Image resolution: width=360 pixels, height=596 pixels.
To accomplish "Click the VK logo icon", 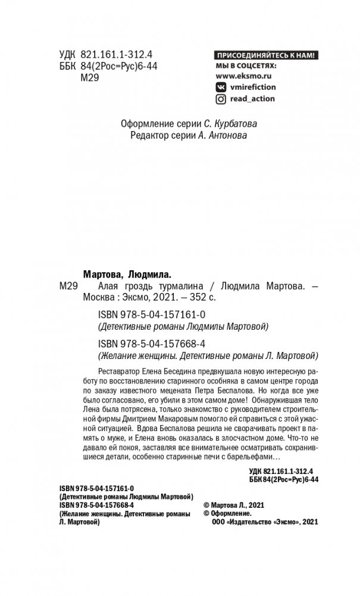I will point(221,87).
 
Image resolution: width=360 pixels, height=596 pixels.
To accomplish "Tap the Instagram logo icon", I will point(221,99).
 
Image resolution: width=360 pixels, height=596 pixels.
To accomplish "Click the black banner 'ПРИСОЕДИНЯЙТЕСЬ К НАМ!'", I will point(267,55).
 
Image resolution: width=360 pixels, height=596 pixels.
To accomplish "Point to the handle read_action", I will point(252,99).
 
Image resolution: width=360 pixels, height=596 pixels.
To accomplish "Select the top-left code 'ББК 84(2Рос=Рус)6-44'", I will point(108,66).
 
